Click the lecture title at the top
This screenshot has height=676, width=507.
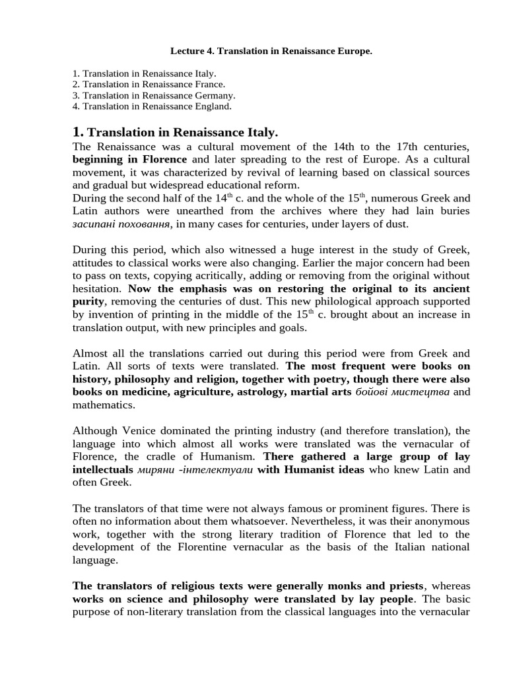271,50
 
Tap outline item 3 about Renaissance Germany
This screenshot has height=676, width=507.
153,94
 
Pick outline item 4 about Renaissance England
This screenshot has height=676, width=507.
152,105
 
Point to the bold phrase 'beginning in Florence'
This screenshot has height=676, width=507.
129,159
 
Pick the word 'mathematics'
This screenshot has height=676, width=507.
100,405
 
